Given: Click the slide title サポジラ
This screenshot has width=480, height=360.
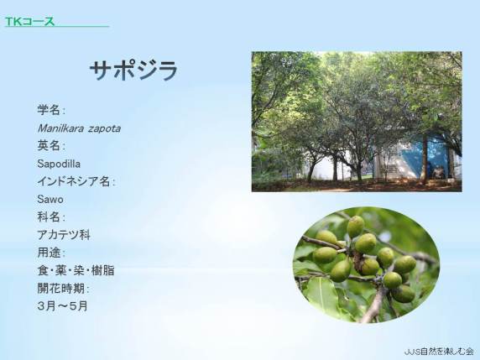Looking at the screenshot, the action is tap(133, 70).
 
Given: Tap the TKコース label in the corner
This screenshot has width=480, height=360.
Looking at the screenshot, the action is tap(29, 21).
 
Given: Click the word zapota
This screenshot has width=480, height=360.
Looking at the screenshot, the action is tap(104, 129).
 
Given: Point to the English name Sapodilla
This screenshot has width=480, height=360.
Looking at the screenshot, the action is tap(59, 164).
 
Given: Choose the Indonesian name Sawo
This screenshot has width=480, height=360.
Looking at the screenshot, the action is tap(50, 200).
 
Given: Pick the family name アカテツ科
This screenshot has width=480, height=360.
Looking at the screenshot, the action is tap(64, 235).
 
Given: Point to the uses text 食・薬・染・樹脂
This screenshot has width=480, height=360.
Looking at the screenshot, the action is tap(76, 270).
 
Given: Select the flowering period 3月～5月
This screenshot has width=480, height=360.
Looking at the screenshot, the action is tap(63, 306).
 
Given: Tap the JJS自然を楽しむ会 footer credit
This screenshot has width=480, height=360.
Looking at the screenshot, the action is tap(439, 352).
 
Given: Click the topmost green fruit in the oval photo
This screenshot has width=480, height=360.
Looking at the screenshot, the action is tap(356, 227).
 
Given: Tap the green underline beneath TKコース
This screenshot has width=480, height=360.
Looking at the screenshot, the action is tap(57, 27).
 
